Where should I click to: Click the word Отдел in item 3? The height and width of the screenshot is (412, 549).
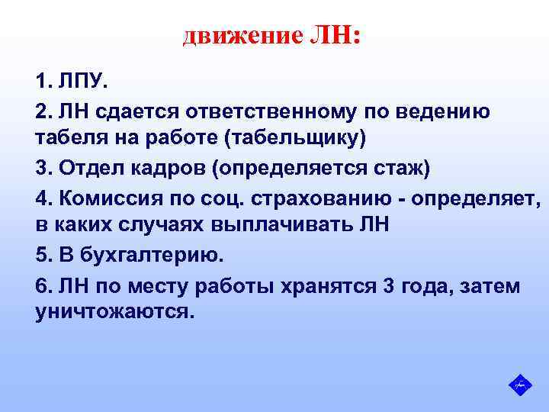coord(85,169)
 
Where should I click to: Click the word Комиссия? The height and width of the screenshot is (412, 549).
coord(104,198)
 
